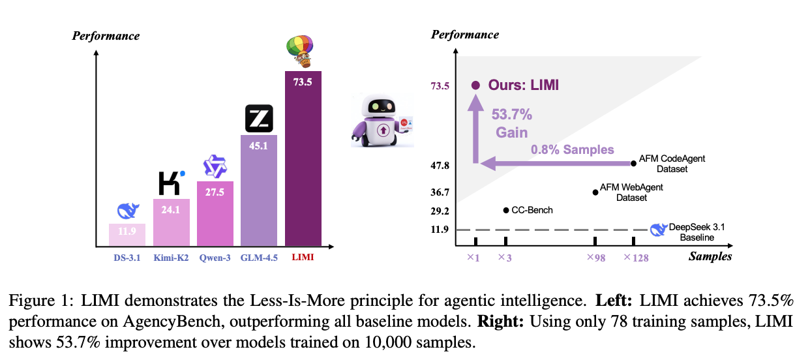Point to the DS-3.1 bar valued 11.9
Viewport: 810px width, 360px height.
pos(127,235)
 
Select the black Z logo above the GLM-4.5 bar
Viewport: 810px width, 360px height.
pos(259,119)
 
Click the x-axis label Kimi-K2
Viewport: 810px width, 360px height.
pos(172,258)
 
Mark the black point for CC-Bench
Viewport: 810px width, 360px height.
pos(506,210)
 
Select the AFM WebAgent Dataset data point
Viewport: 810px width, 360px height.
pos(595,192)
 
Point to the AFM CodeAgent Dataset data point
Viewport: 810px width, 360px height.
pos(633,164)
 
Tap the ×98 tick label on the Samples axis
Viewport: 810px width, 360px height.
pos(595,257)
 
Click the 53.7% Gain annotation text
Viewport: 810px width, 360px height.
pos(511,123)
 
